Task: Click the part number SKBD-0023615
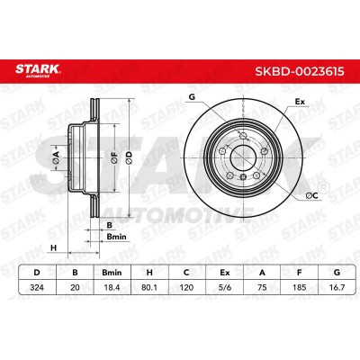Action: point(300,72)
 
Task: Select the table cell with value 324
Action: point(37,288)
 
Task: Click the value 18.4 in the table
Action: point(112,288)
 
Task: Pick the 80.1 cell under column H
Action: point(149,288)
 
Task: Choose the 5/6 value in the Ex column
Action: point(224,288)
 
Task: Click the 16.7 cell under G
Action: point(337,288)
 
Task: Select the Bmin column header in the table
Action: point(112,273)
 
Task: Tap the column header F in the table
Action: point(300,273)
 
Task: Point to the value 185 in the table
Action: point(300,288)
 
